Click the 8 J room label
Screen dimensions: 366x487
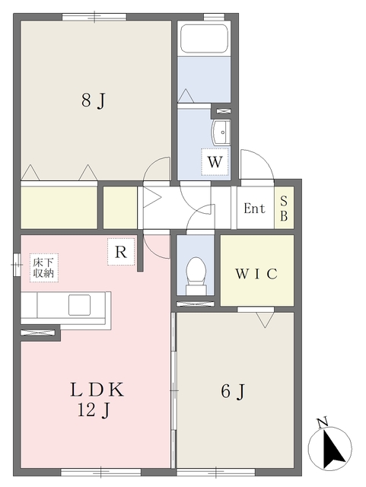94,100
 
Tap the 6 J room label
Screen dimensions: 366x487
233,391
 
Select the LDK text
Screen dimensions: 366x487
97,390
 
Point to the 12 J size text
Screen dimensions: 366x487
94,411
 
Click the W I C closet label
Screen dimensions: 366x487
256,274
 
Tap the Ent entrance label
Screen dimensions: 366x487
254,208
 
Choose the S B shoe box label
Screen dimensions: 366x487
284,208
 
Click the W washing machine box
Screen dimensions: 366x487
215,162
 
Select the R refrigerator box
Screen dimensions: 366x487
121,252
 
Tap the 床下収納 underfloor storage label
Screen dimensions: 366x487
44,268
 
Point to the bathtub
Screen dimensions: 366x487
204,39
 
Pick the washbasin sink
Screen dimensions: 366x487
221,132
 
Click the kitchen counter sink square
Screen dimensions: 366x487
80,304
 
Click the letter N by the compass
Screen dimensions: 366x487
323,423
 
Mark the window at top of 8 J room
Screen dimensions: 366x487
94,17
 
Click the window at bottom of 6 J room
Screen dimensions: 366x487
216,473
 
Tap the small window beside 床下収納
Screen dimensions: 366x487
17,265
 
